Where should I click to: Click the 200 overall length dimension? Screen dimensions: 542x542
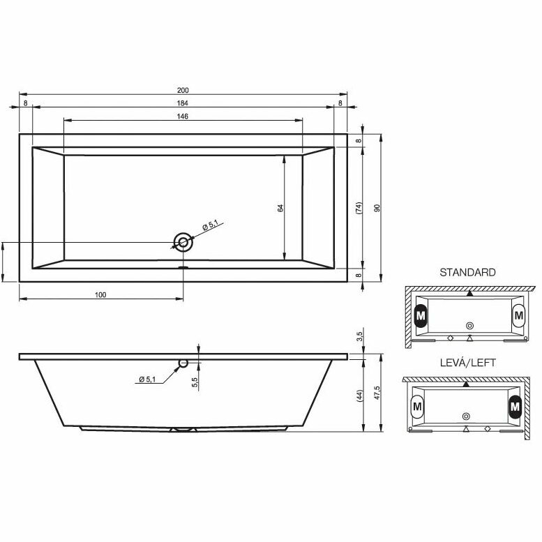183,90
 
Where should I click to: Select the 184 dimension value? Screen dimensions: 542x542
183,103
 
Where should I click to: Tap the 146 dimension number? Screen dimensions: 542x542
183,116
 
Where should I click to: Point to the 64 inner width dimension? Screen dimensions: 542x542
280,208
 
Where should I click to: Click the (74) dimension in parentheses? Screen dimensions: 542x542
359,208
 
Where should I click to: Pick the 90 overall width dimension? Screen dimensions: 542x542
377,208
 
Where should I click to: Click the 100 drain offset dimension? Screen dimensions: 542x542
100,295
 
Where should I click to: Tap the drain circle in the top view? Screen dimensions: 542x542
183,242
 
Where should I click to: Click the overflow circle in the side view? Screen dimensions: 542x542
183,363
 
